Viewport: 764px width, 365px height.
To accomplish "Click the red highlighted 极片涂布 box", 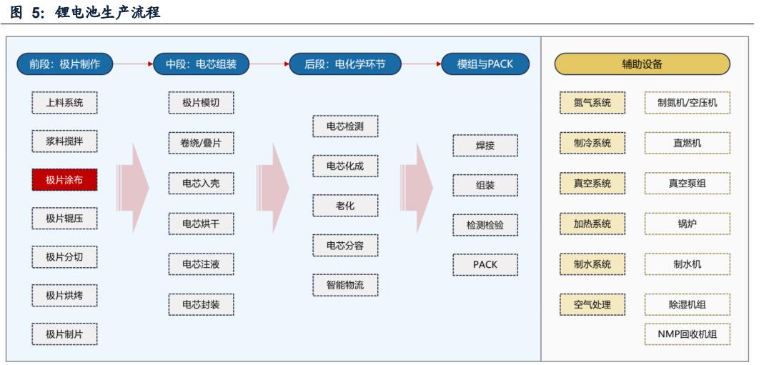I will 64,180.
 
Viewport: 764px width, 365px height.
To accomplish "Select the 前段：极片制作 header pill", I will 64,64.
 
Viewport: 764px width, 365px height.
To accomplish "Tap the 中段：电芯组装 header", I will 201,64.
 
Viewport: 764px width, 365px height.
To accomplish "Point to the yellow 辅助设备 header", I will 642,64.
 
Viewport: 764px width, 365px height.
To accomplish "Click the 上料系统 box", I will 64,103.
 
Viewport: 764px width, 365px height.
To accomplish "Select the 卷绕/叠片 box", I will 201,142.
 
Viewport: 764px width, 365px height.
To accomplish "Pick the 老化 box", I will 345,206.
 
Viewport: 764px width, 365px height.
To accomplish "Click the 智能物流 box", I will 345,284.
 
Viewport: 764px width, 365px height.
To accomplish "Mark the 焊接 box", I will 485,145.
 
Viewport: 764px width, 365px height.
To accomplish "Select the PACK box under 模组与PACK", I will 485,264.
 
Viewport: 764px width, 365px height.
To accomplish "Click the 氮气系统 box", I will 592,103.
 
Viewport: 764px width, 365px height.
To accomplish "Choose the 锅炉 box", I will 688,224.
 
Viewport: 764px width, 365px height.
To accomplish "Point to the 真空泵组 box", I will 688,184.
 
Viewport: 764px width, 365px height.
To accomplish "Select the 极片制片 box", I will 64,334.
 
